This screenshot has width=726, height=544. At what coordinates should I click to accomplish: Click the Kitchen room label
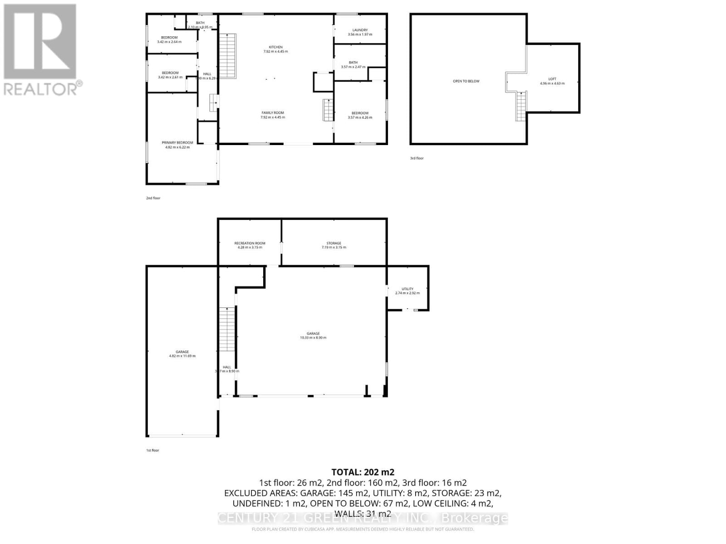[275, 47]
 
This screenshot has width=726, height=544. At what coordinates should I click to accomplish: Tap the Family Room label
[273, 113]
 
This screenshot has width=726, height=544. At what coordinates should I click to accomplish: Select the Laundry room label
[360, 30]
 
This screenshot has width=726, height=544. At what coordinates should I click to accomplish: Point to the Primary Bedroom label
[177, 143]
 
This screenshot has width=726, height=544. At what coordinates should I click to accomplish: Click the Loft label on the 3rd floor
[552, 79]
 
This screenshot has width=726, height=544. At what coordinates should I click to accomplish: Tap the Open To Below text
[466, 81]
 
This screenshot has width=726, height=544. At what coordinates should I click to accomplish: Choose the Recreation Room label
[250, 243]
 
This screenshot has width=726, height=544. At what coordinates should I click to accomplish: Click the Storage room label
[334, 243]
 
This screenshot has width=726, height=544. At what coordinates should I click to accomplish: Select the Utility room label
[407, 289]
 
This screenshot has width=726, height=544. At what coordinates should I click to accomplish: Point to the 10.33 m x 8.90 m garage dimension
[313, 338]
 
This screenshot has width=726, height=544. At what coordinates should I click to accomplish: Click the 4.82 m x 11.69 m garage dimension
[182, 356]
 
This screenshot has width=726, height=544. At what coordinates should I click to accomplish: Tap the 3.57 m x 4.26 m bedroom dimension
[360, 117]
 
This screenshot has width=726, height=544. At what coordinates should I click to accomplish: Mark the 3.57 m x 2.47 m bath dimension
[353, 67]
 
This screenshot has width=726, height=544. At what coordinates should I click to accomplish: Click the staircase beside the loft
[521, 106]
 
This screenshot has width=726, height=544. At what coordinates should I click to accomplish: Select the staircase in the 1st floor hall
[226, 329]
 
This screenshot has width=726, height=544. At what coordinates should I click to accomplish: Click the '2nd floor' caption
[153, 198]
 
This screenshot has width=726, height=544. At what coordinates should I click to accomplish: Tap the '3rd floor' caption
[417, 158]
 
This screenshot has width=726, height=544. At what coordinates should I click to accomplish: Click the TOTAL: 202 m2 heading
[363, 472]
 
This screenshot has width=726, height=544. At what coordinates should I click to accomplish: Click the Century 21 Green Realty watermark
[363, 518]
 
